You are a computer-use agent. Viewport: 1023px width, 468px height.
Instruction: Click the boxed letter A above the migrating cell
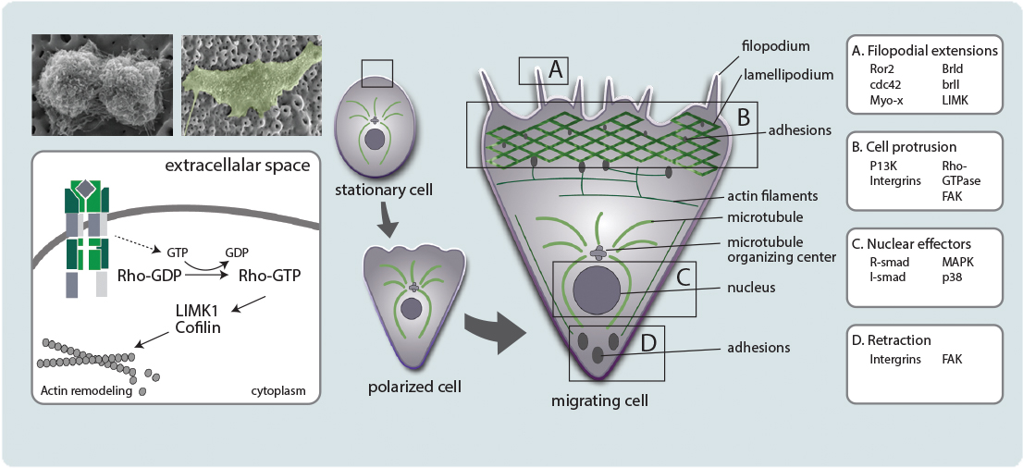tap(555, 68)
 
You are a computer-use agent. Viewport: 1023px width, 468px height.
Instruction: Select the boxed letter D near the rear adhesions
tap(648, 342)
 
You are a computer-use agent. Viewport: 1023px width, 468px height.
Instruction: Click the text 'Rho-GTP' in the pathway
tap(269, 276)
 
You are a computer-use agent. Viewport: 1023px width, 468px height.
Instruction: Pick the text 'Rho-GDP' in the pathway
tap(149, 276)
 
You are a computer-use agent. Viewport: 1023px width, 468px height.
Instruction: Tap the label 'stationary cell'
tap(373, 191)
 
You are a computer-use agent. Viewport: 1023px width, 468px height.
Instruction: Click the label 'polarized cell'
tap(413, 386)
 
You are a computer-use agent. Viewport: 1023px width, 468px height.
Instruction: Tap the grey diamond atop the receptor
tap(85, 190)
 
